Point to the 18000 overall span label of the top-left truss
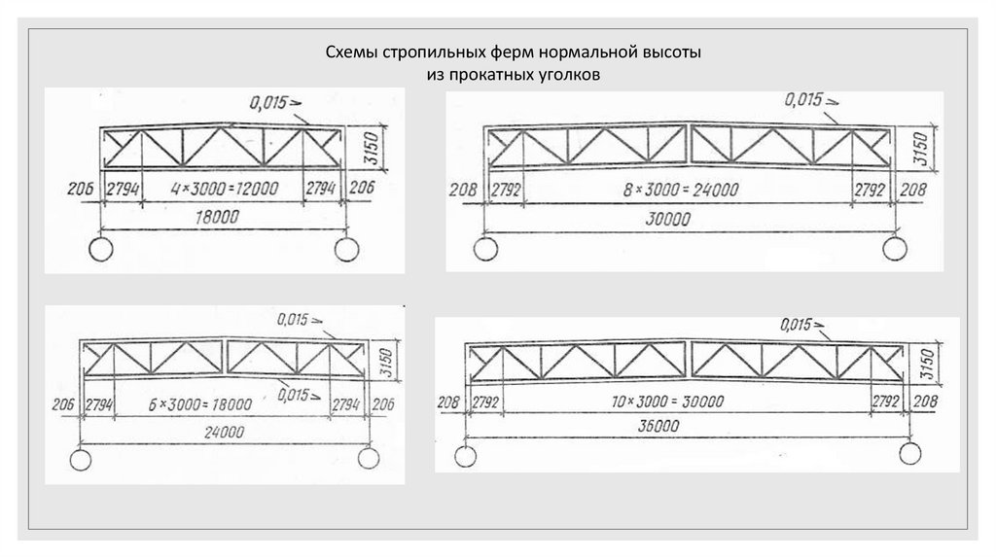217,220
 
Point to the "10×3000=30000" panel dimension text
682,401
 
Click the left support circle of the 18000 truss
102,250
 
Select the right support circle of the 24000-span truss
369,458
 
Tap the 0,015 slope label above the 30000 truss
806,99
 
